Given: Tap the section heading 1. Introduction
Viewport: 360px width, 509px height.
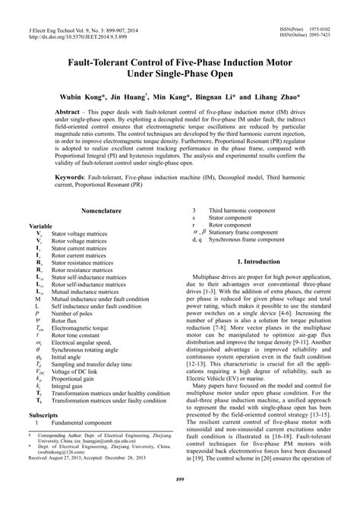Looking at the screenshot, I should (258, 282).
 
